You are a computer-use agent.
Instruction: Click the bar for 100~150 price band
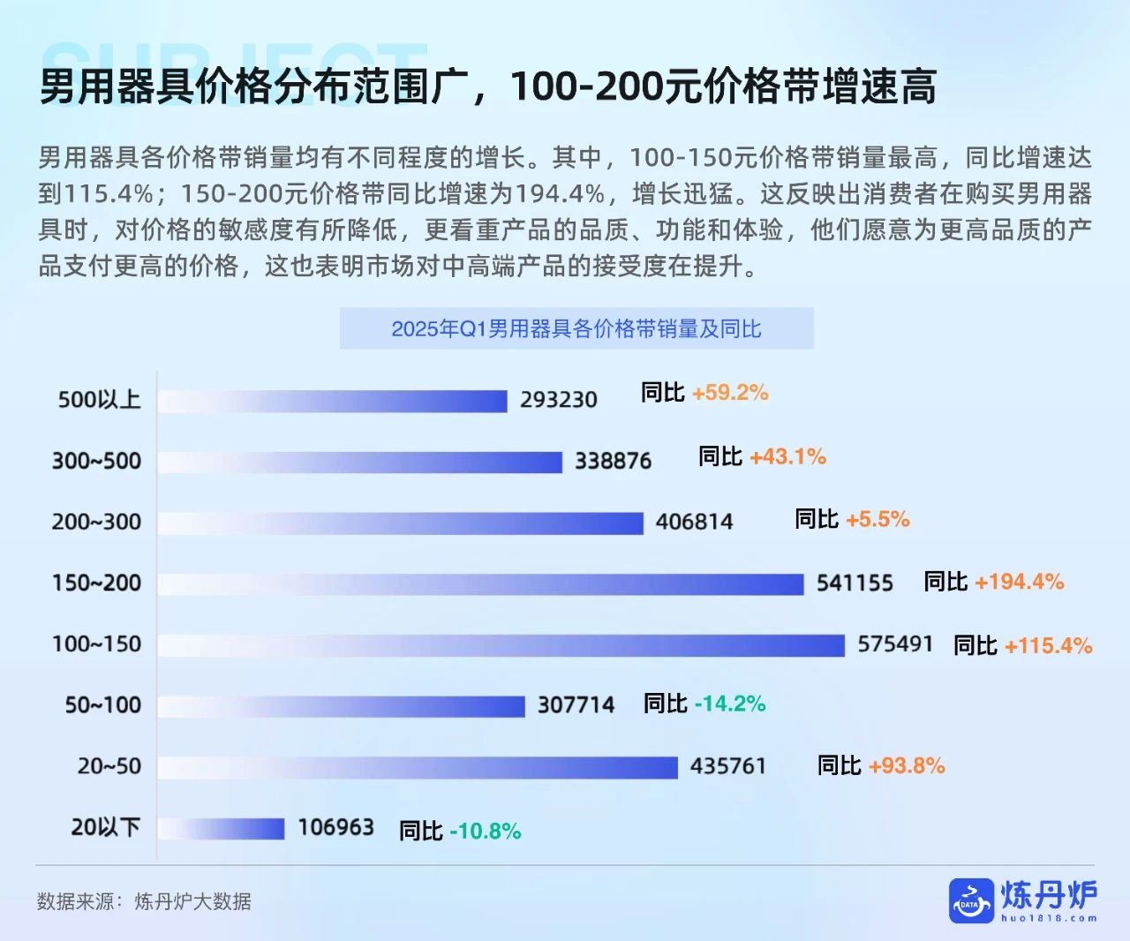click(501, 645)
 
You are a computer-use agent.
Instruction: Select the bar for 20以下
click(222, 828)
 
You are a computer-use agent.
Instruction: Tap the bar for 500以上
click(333, 401)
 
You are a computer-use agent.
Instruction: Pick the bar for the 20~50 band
click(418, 767)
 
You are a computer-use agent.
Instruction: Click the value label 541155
click(855, 583)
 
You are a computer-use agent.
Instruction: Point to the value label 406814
click(694, 522)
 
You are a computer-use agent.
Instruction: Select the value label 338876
click(613, 461)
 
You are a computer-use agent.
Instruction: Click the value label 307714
click(576, 705)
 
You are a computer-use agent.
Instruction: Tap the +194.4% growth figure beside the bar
click(1019, 582)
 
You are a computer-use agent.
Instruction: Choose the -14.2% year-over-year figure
click(729, 704)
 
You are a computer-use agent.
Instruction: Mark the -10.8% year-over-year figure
click(485, 831)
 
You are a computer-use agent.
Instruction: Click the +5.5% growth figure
click(878, 519)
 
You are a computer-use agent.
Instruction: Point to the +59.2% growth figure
click(730, 393)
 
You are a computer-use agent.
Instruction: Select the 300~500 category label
click(96, 461)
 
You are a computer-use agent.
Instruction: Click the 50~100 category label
click(102, 705)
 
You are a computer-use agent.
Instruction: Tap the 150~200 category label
click(96, 583)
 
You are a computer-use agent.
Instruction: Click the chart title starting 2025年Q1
click(576, 329)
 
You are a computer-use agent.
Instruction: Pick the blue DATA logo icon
click(971, 901)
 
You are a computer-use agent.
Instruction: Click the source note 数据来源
click(144, 901)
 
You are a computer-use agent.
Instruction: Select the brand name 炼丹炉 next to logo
click(1049, 895)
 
